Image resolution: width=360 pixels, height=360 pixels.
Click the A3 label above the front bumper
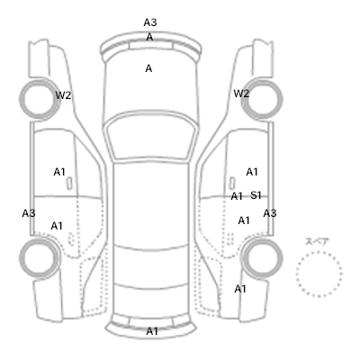click(x=150, y=22)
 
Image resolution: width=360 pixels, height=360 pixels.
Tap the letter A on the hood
click(x=148, y=68)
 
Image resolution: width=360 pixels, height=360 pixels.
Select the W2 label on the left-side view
click(x=63, y=95)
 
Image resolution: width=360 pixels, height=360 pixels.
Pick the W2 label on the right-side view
click(x=241, y=94)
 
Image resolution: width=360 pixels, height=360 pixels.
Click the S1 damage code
click(x=256, y=195)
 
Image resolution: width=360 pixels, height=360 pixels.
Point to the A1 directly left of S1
click(x=237, y=196)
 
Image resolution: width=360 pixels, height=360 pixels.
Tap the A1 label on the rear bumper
click(x=152, y=331)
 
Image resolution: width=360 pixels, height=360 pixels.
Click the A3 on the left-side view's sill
click(x=29, y=213)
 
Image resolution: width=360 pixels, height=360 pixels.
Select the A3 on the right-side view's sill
click(x=270, y=213)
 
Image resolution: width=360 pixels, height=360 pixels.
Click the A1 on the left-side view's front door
click(x=59, y=172)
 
